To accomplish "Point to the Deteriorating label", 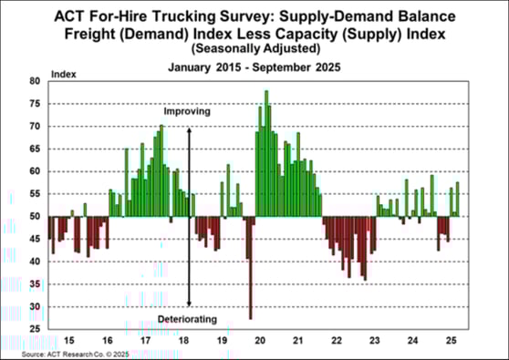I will [x=188, y=319].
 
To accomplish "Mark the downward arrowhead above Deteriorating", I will [x=189, y=303].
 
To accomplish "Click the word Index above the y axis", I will [x=64, y=72].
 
